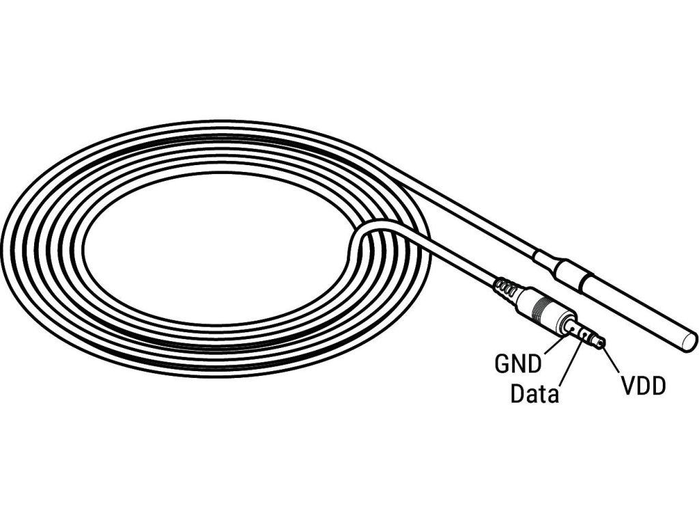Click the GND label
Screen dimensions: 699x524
coord(517,364)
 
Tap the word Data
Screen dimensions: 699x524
coord(534,394)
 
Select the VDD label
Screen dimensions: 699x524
coord(643,387)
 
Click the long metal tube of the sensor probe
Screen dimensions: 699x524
coord(635,310)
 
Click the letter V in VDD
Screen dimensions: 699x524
coord(627,387)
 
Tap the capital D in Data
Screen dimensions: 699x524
coord(518,394)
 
